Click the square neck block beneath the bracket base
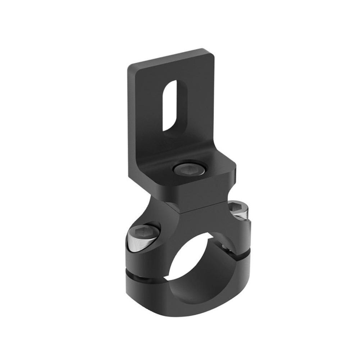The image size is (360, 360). [x=194, y=196]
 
